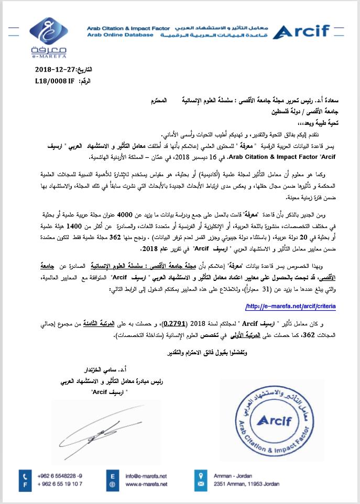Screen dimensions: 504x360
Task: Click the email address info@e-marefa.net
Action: (146, 476)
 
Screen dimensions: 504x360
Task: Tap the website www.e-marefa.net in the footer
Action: (146, 484)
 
